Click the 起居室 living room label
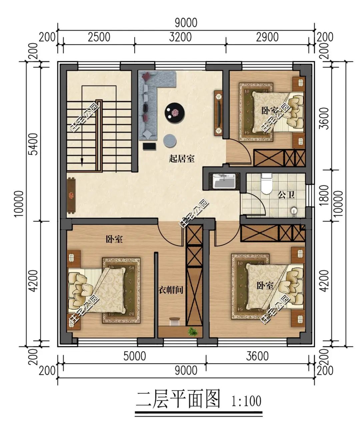click(x=182, y=158)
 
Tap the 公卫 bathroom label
click(x=286, y=195)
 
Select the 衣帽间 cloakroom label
click(x=171, y=290)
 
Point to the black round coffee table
click(x=175, y=112)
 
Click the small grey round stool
click(x=170, y=141)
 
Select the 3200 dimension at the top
click(x=180, y=37)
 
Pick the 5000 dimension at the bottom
click(x=135, y=356)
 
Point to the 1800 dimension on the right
click(x=324, y=196)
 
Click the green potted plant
click(x=192, y=331)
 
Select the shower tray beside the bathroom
click(x=224, y=181)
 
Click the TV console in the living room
click(x=219, y=113)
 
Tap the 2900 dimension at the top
click(x=267, y=37)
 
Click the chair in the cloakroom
click(x=174, y=321)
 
